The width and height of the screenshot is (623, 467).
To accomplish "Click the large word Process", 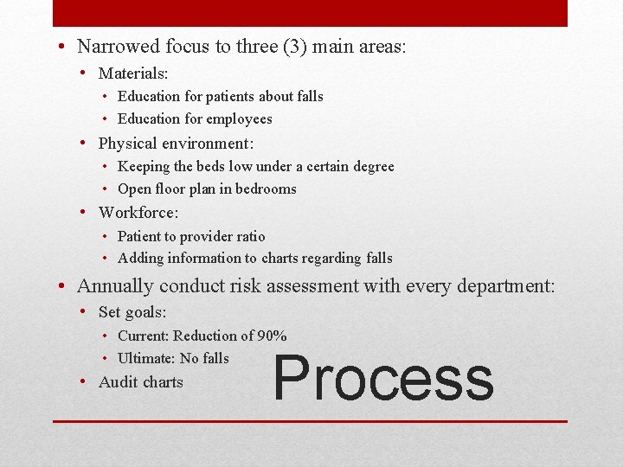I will pos(383,378).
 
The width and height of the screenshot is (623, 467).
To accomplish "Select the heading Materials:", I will pos(133,74).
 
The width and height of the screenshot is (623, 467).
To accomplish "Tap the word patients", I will pos(234,96).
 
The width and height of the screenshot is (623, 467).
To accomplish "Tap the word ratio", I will pos(248,236).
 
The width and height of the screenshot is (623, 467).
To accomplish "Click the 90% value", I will pos(273,336).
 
